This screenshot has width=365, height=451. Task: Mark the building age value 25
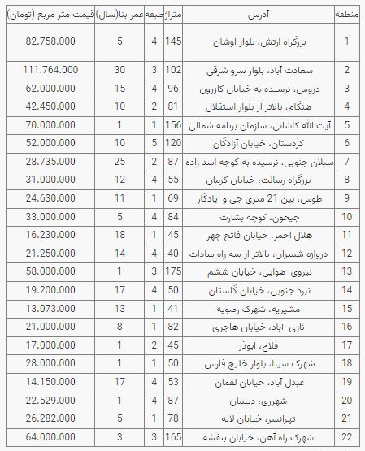(x=119, y=163)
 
